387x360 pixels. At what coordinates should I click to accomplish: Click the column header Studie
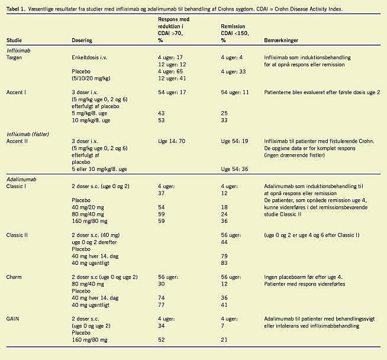14,41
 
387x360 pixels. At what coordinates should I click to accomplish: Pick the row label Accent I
17,93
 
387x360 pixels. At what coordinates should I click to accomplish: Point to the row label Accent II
18,141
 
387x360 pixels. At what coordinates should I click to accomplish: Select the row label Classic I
18,186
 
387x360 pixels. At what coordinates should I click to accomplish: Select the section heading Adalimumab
21,179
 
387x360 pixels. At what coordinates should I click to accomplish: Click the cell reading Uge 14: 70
172,141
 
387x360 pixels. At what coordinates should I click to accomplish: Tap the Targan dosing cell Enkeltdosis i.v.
91,58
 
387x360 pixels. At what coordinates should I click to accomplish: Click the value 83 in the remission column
224,262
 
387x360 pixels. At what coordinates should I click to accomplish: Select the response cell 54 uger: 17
172,93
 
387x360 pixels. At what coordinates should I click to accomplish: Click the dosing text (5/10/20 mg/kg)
91,78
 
